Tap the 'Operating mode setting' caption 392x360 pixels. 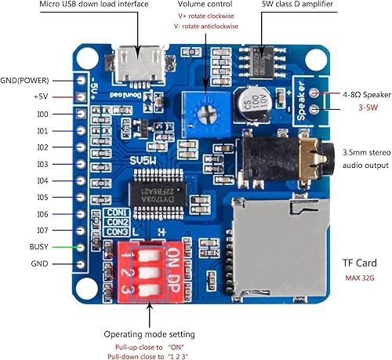point(149,335)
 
